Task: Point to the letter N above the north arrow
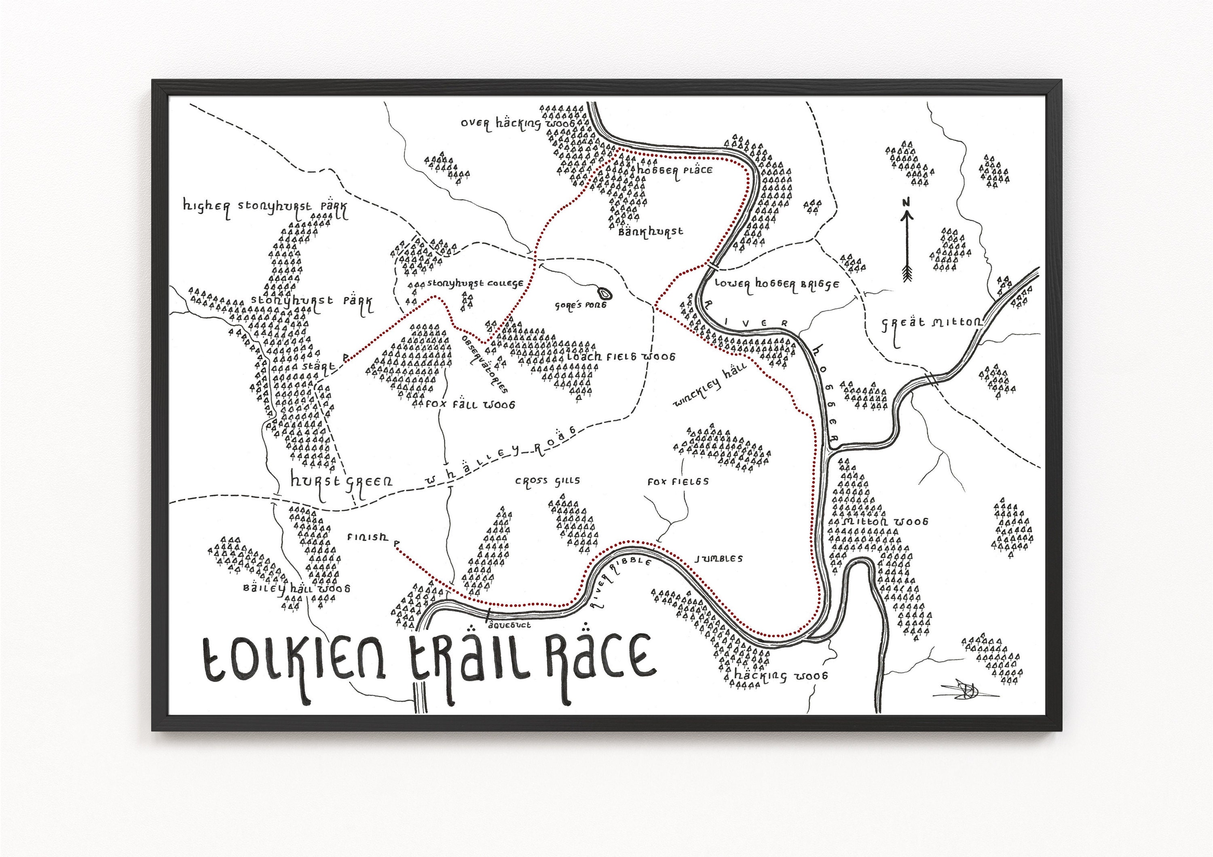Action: (907, 202)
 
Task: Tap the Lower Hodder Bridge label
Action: (777, 284)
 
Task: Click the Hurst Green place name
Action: (341, 482)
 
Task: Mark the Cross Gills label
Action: (547, 481)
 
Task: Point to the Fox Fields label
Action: (678, 482)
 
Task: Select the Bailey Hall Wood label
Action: (296, 588)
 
